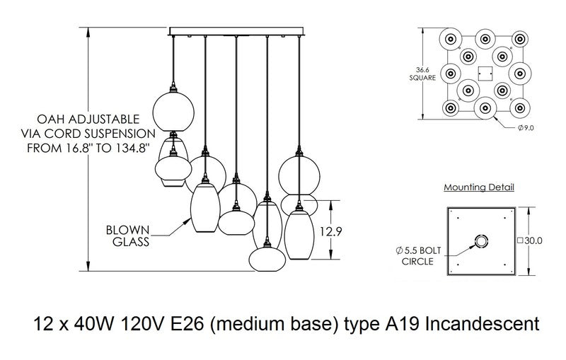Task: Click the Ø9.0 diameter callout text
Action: pyautogui.click(x=527, y=127)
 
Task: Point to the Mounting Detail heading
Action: pyautogui.click(x=479, y=188)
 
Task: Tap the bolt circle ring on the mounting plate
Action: pyautogui.click(x=483, y=242)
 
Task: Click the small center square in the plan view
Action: pyautogui.click(x=485, y=71)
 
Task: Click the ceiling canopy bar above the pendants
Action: pyautogui.click(x=235, y=31)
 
